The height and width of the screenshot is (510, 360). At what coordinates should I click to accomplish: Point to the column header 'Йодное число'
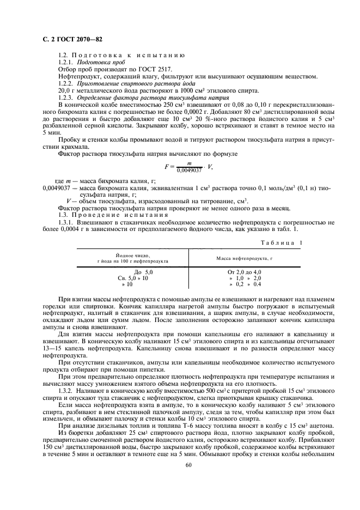tap(133, 254)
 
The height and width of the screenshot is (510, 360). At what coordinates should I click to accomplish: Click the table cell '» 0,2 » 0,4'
tap(245, 284)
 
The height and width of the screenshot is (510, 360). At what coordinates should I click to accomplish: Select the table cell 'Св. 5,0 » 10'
tap(133, 278)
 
